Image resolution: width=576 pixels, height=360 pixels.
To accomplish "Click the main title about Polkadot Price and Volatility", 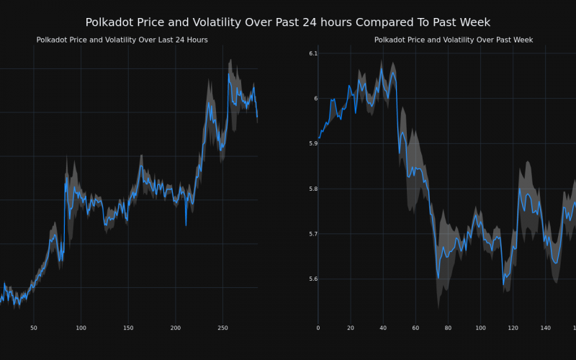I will click(288, 23).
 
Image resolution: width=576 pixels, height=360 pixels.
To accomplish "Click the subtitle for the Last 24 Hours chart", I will click(122, 40).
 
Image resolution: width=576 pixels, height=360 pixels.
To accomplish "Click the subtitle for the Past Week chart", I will click(454, 40).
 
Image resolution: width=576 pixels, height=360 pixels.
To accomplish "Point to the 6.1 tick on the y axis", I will click(313, 53).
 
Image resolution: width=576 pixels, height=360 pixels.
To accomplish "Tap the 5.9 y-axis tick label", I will click(313, 143).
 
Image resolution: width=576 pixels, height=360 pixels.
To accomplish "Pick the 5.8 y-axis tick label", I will click(313, 189).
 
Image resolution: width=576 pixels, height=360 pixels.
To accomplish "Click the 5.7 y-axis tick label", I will click(313, 234).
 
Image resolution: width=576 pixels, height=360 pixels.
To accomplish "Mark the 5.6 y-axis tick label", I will click(313, 279).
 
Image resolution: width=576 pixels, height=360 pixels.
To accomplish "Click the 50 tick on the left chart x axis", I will click(34, 328).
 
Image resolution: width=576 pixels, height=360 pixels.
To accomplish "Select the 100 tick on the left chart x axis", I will click(81, 328).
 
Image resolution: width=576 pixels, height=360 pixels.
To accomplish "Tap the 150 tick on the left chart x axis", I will click(128, 328).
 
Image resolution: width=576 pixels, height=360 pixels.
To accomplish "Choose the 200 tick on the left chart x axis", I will click(176, 328).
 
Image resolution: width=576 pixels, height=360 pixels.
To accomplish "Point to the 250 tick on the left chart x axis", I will click(222, 328).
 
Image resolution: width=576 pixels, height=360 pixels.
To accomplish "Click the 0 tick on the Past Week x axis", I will click(318, 328).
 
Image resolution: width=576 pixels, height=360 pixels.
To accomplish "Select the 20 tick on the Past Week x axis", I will click(351, 328).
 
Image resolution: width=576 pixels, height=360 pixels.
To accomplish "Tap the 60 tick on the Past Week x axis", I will click(415, 328).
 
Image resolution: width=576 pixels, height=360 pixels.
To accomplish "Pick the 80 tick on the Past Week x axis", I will click(448, 328).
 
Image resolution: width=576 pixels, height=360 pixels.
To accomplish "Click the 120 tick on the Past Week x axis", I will click(513, 328).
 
